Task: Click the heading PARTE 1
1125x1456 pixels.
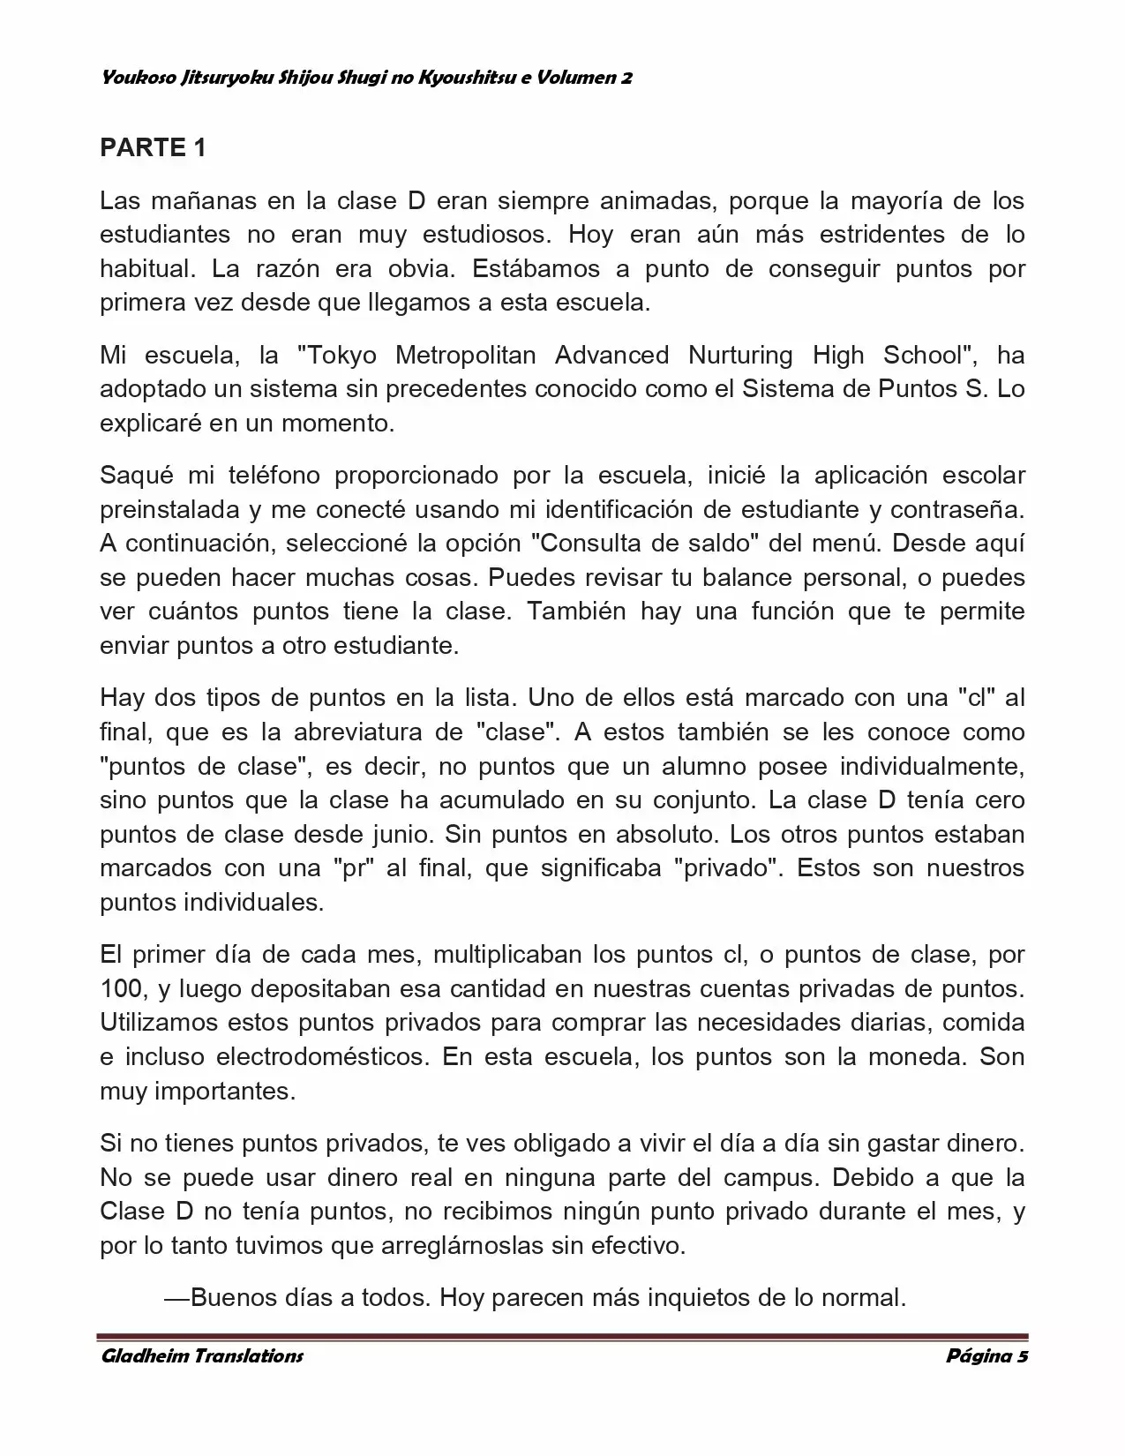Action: coord(153,147)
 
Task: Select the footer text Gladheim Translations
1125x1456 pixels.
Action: coord(202,1355)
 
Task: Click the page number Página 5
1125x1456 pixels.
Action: coord(986,1355)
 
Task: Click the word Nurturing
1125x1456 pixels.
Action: coord(741,356)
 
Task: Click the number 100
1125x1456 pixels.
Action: coord(122,989)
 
